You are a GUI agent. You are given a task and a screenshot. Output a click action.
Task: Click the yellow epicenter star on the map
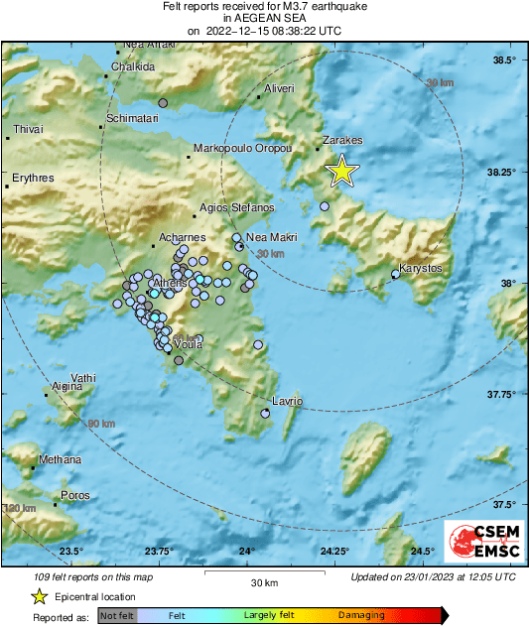tap(341, 172)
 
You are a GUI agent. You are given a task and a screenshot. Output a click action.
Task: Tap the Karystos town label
tap(420, 269)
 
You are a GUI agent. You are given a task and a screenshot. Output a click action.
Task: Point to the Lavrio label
tap(287, 402)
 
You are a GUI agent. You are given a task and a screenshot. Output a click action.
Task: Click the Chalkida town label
tap(133, 66)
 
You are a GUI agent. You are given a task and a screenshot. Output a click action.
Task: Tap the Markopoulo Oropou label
tap(242, 148)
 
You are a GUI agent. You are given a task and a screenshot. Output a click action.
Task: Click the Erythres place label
tap(33, 179)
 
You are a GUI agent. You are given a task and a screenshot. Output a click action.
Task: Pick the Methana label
tap(60, 459)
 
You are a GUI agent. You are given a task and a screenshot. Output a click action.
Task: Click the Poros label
tap(75, 495)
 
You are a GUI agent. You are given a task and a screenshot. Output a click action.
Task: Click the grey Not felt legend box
tap(117, 616)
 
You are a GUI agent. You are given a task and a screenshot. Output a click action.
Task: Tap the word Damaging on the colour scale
tap(361, 616)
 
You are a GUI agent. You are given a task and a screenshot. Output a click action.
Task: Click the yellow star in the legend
tap(39, 596)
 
